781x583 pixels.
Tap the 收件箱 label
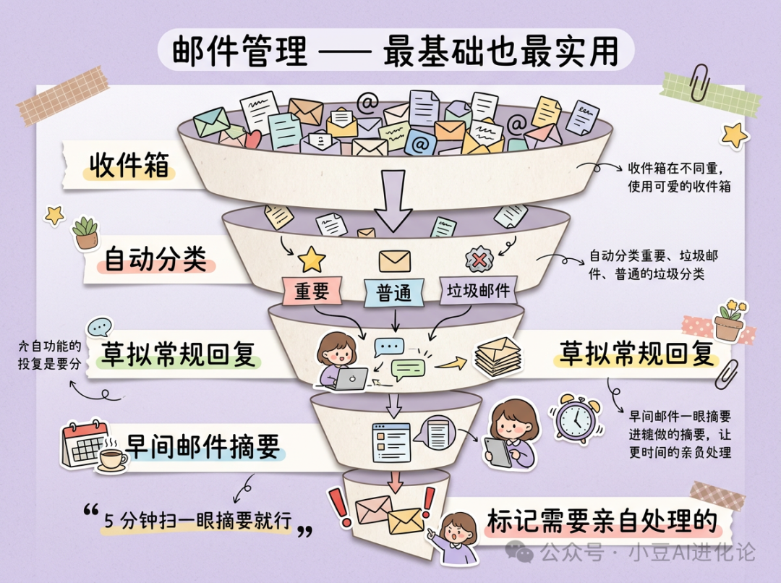(x=129, y=166)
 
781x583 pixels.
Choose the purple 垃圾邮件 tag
(x=478, y=291)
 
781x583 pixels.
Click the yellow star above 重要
(x=312, y=258)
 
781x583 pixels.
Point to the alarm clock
(x=576, y=419)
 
